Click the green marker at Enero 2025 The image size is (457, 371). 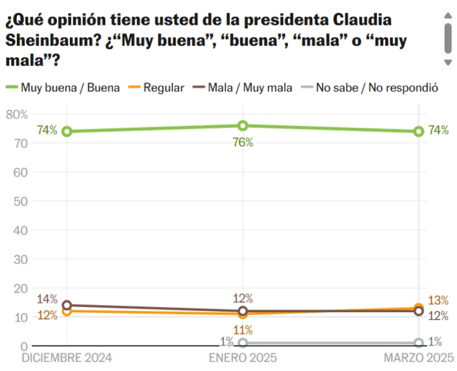coord(243,125)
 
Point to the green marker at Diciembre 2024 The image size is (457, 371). coord(67,131)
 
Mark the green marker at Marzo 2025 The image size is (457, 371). coord(418,131)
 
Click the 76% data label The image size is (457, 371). coord(243,142)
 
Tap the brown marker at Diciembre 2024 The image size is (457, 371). coord(67,305)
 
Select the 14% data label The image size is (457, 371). coord(47,300)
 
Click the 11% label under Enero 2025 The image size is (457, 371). coord(243,330)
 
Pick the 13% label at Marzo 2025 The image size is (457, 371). coord(438,300)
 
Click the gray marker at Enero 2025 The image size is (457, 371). coord(243,343)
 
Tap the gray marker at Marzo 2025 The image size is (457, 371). coord(418,343)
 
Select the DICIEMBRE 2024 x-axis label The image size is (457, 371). coord(67,358)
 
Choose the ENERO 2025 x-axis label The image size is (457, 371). coord(243,358)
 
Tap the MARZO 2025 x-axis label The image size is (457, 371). coord(418,358)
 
